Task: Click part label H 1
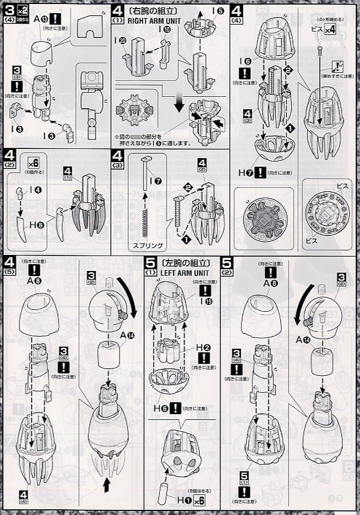point(175,500)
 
